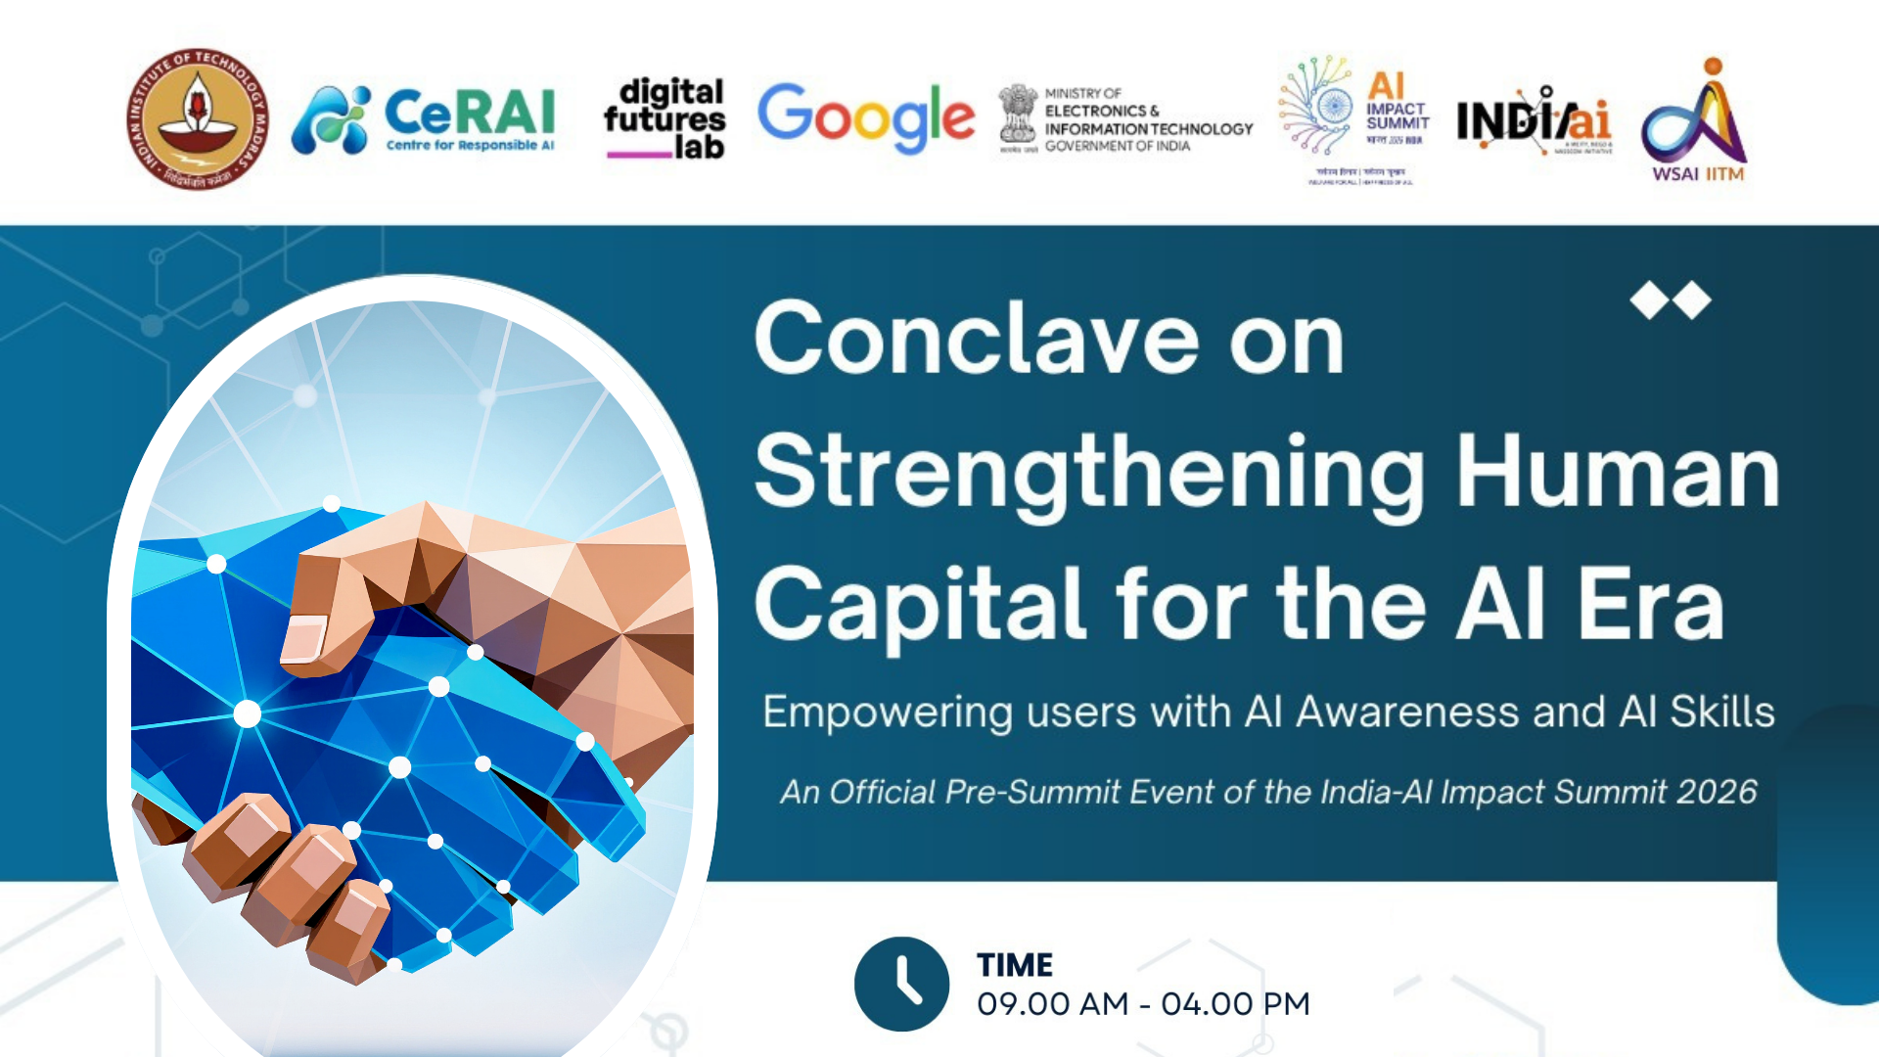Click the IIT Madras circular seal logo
click(x=198, y=118)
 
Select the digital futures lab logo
click(x=665, y=118)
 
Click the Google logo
click(x=866, y=116)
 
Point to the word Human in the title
click(x=1618, y=472)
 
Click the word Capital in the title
click(x=921, y=604)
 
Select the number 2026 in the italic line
click(x=1717, y=791)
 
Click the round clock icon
click(x=901, y=984)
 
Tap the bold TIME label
click(x=1015, y=965)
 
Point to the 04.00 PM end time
click(x=1235, y=1004)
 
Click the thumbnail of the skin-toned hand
click(x=303, y=638)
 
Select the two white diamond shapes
click(x=1671, y=300)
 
